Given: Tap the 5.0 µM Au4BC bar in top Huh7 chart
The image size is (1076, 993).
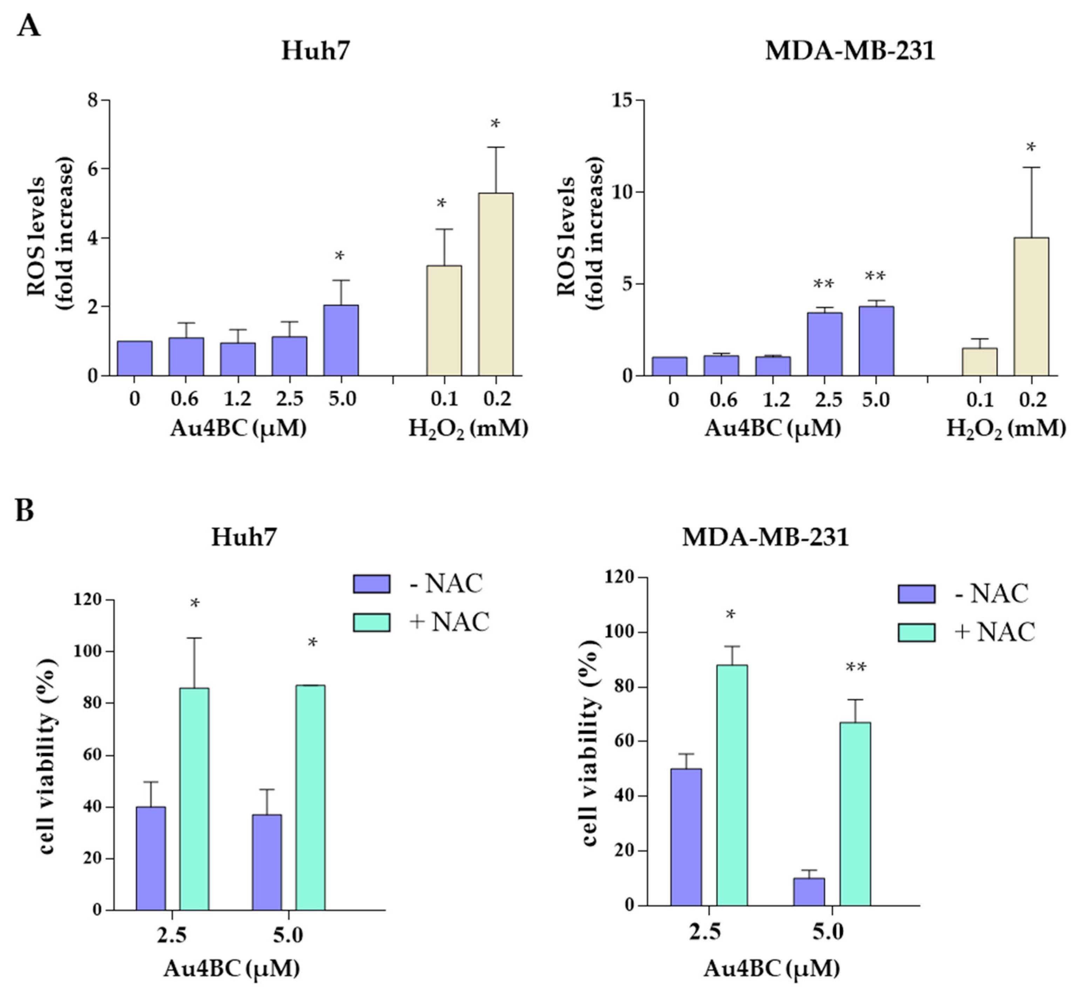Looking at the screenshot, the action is pos(341,340).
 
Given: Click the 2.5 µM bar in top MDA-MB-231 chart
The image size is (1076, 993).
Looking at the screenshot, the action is pos(825,344).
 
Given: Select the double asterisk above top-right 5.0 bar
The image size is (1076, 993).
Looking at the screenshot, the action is pos(876,276).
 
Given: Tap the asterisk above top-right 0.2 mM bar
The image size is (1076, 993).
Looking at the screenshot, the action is pos(1030,147).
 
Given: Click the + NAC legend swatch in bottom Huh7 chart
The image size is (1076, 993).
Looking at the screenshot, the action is pos(371,622).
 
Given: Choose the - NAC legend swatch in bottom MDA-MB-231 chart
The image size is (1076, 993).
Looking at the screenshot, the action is pos(916,594).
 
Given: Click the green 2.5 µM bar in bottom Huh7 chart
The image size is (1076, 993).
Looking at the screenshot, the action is pos(194,799).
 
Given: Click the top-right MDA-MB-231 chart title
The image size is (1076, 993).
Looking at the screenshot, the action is pos(850,51).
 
